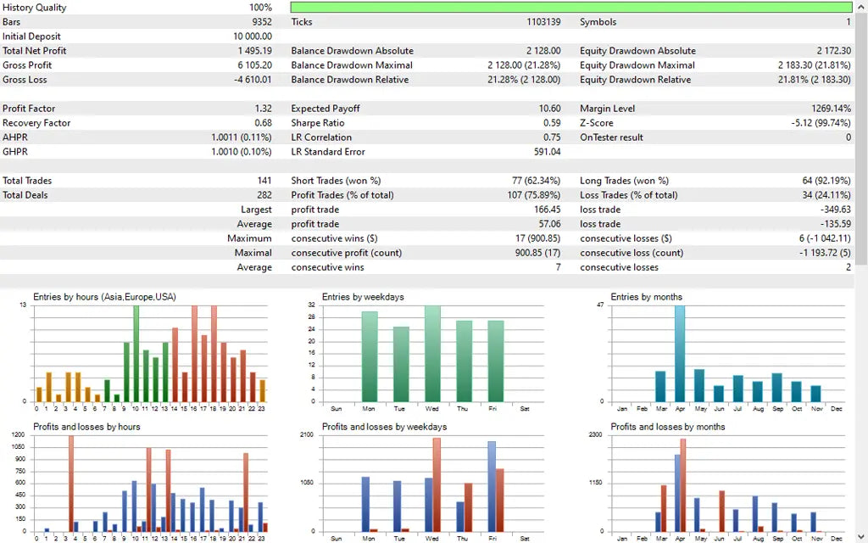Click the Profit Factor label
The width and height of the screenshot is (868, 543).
29,109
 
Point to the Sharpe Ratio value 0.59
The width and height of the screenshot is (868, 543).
551,123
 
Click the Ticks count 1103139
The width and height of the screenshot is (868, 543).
543,22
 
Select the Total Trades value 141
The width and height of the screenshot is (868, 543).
264,181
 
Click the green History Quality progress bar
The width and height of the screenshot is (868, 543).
570,8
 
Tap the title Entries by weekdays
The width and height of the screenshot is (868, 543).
363,297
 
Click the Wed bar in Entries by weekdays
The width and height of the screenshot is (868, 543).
432,355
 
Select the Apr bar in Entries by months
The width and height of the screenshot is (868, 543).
680,355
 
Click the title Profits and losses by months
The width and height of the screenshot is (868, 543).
667,427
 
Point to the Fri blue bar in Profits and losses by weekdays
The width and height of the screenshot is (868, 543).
491,486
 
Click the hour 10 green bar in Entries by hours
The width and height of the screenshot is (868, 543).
136,355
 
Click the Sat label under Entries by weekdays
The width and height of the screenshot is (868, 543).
525,408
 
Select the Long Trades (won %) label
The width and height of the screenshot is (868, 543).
624,181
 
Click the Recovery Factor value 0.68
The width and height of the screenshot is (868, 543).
264,123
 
